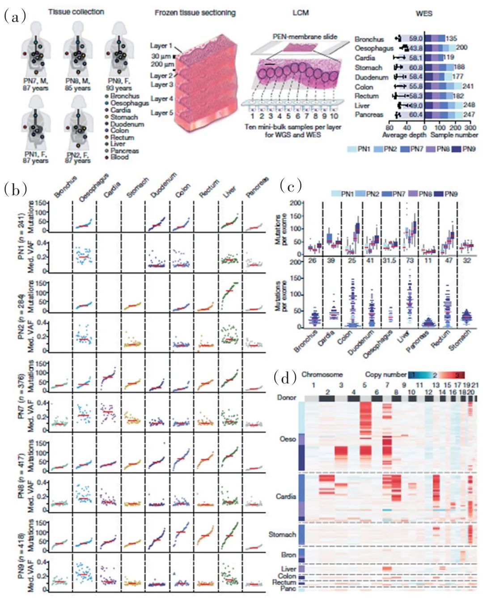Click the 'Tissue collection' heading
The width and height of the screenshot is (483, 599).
pyautogui.click(x=76, y=12)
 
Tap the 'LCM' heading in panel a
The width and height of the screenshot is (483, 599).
pyautogui.click(x=301, y=13)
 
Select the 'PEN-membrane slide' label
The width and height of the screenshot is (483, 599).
pyautogui.click(x=305, y=37)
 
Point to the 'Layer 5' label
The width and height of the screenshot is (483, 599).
pyautogui.click(x=161, y=113)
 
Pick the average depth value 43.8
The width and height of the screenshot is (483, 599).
pyautogui.click(x=416, y=48)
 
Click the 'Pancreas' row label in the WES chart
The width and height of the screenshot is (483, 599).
pyautogui.click(x=369, y=115)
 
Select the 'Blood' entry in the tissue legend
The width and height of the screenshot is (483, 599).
pyautogui.click(x=119, y=157)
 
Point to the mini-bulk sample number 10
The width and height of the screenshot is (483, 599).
pyautogui.click(x=334, y=116)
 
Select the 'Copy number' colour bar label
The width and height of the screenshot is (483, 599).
pyautogui.click(x=386, y=374)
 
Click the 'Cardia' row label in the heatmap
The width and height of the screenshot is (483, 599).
pyautogui.click(x=286, y=496)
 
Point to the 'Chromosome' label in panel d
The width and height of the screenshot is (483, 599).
pyautogui.click(x=322, y=374)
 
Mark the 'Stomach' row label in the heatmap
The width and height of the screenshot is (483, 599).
pyautogui.click(x=282, y=534)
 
